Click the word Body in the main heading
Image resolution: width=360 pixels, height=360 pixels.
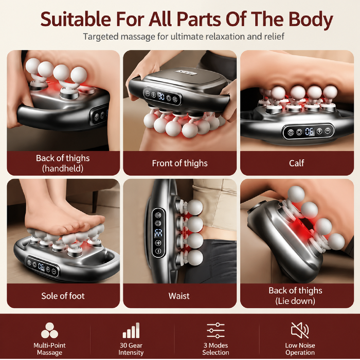pos(311,20)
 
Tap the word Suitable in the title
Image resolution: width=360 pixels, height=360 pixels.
pos(76,19)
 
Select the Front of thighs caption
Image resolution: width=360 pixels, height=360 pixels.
pos(179,163)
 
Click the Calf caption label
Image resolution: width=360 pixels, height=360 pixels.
pos(296,163)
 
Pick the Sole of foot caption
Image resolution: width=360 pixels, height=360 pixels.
pos(63,296)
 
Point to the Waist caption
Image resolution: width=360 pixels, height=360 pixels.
pos(179,296)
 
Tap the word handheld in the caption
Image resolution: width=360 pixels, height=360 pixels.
pos(63,169)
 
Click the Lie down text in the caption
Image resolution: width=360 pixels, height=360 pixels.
pos(295,301)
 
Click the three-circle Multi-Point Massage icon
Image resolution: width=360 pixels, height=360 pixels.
pos(49,330)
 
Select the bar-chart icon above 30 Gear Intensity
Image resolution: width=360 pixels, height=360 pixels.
pos(131,330)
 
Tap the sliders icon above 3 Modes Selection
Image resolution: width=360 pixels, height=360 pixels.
pos(215,330)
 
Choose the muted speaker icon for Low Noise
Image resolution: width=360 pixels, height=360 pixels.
pos(300,330)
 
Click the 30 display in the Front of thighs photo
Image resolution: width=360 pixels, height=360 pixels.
pos(161,96)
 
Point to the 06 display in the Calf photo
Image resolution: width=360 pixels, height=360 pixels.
pos(309,132)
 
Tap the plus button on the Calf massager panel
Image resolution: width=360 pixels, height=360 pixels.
pos(319,131)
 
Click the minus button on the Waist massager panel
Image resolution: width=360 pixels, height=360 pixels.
pos(158,251)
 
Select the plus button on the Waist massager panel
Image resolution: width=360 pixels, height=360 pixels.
pos(158,243)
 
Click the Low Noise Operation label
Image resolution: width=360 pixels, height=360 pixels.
pos(300,349)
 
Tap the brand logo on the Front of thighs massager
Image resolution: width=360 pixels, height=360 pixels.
pos(186,73)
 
